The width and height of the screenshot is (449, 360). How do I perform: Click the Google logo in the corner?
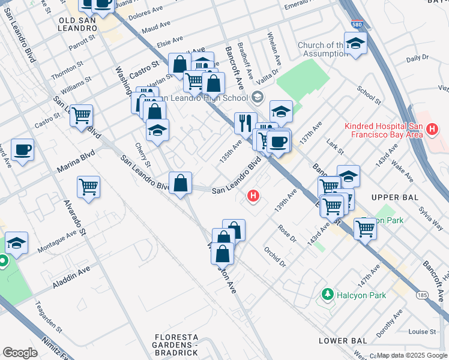point(20,353)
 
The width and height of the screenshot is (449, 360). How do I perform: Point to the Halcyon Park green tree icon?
point(327,295)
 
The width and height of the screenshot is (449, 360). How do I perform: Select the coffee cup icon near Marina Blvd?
point(22,150)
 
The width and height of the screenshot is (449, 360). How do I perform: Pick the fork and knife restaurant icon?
point(245,123)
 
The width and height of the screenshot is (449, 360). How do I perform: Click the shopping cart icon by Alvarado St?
point(88,187)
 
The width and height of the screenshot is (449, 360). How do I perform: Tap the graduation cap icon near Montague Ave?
point(16,243)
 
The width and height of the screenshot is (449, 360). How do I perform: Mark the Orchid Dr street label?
point(274,256)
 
